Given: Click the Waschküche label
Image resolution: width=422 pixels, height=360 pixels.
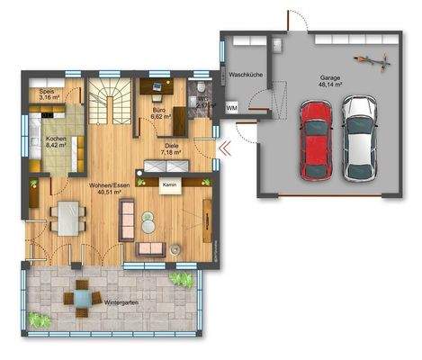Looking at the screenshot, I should (245, 76).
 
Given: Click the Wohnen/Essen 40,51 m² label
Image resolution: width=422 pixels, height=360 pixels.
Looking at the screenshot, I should (105, 188).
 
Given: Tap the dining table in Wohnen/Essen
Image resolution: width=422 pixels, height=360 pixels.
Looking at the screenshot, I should (66, 217).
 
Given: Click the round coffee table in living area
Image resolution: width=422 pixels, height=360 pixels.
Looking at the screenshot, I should (176, 246).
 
